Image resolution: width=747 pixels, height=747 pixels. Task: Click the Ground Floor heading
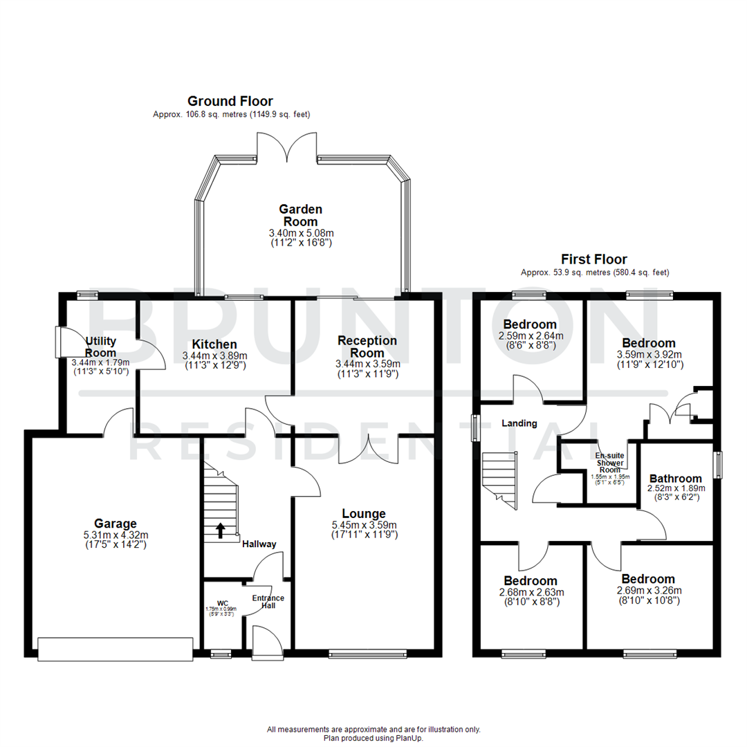point(231,101)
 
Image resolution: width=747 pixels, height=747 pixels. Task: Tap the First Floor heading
point(594,259)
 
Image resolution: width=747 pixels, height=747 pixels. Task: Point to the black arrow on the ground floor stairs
point(221,530)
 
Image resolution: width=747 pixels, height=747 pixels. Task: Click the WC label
point(222,602)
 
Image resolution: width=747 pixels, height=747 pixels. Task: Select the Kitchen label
point(214,344)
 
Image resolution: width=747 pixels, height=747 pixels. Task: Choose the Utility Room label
point(101,347)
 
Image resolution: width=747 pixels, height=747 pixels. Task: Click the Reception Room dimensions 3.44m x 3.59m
point(367,364)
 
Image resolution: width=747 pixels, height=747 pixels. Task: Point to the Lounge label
point(364,513)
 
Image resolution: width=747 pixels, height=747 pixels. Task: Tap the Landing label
point(519,423)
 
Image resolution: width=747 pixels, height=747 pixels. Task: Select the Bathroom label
point(675,478)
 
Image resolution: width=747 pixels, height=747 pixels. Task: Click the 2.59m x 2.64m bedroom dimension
point(530,336)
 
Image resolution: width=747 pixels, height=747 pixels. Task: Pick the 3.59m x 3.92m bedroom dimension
point(648,355)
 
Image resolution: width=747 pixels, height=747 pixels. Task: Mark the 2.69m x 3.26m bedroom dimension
point(648,591)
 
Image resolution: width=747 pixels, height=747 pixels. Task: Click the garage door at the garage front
point(115,649)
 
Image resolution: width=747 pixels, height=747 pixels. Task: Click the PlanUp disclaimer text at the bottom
point(373,734)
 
